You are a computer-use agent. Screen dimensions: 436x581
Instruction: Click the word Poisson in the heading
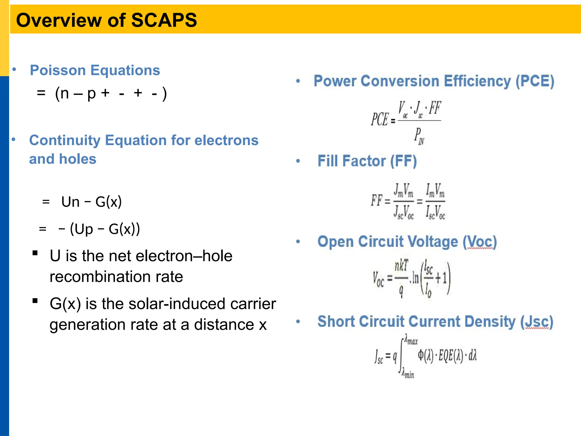58,70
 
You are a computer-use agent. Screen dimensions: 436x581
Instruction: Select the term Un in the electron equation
70,202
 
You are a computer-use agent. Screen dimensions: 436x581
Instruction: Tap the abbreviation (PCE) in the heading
535,81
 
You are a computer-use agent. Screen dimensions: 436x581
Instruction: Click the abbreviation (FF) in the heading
403,161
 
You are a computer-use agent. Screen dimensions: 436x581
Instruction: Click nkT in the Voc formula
401,266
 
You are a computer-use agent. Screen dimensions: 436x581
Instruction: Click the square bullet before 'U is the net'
35,253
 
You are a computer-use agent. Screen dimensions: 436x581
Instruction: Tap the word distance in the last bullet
224,325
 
